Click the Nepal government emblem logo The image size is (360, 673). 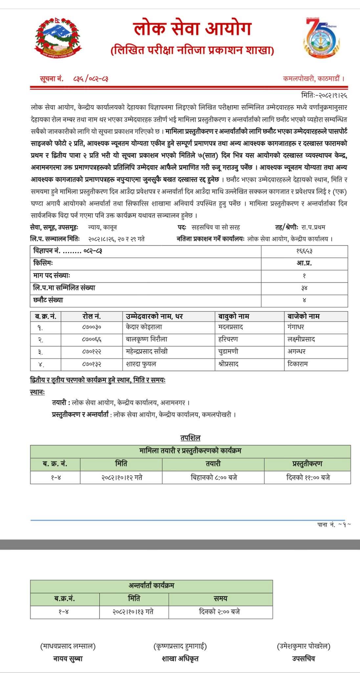click(x=58, y=37)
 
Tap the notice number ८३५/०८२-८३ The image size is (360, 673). click(x=91, y=79)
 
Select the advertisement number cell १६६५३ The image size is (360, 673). click(x=304, y=251)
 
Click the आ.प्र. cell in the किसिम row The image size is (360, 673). click(x=304, y=263)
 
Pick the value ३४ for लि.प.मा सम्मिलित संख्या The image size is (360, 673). click(x=304, y=288)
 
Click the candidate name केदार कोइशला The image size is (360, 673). click(x=144, y=327)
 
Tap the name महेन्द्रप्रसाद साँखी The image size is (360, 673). click(x=147, y=352)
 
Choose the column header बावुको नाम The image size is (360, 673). click(x=234, y=316)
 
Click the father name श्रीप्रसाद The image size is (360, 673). click(x=228, y=364)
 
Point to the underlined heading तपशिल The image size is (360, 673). click(x=190, y=438)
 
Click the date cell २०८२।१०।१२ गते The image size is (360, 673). click(x=122, y=477)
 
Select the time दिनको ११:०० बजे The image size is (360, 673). click(x=308, y=477)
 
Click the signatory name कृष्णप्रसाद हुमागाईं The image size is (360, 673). click(x=180, y=646)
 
